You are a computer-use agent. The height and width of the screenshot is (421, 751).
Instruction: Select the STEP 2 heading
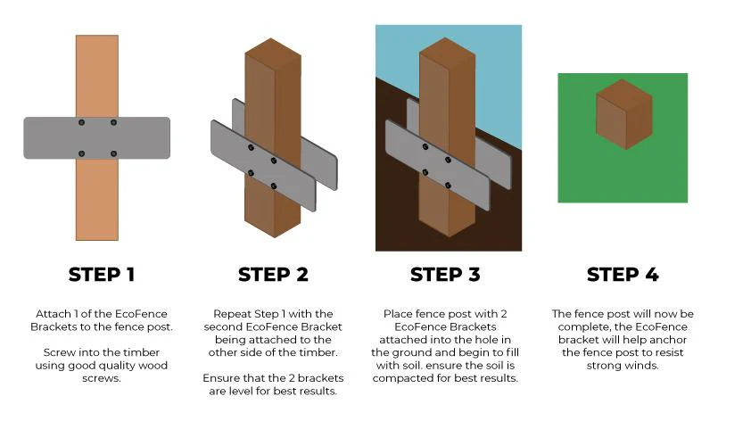pos(273,275)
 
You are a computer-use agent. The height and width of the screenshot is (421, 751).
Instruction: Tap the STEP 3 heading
pos(446,275)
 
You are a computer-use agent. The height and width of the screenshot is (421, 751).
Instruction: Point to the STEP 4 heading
pos(623,275)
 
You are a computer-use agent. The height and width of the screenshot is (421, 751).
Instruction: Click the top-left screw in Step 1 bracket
pos(81,121)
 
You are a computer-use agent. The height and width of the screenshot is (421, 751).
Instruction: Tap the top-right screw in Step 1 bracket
pos(113,121)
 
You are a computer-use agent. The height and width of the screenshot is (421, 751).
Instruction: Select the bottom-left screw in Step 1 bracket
pos(81,153)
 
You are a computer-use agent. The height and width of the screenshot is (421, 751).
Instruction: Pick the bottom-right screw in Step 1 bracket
pos(113,153)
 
